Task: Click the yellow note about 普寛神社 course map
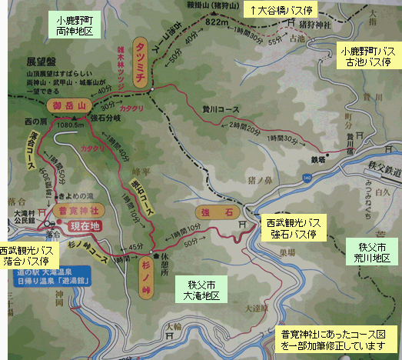[335, 340]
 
